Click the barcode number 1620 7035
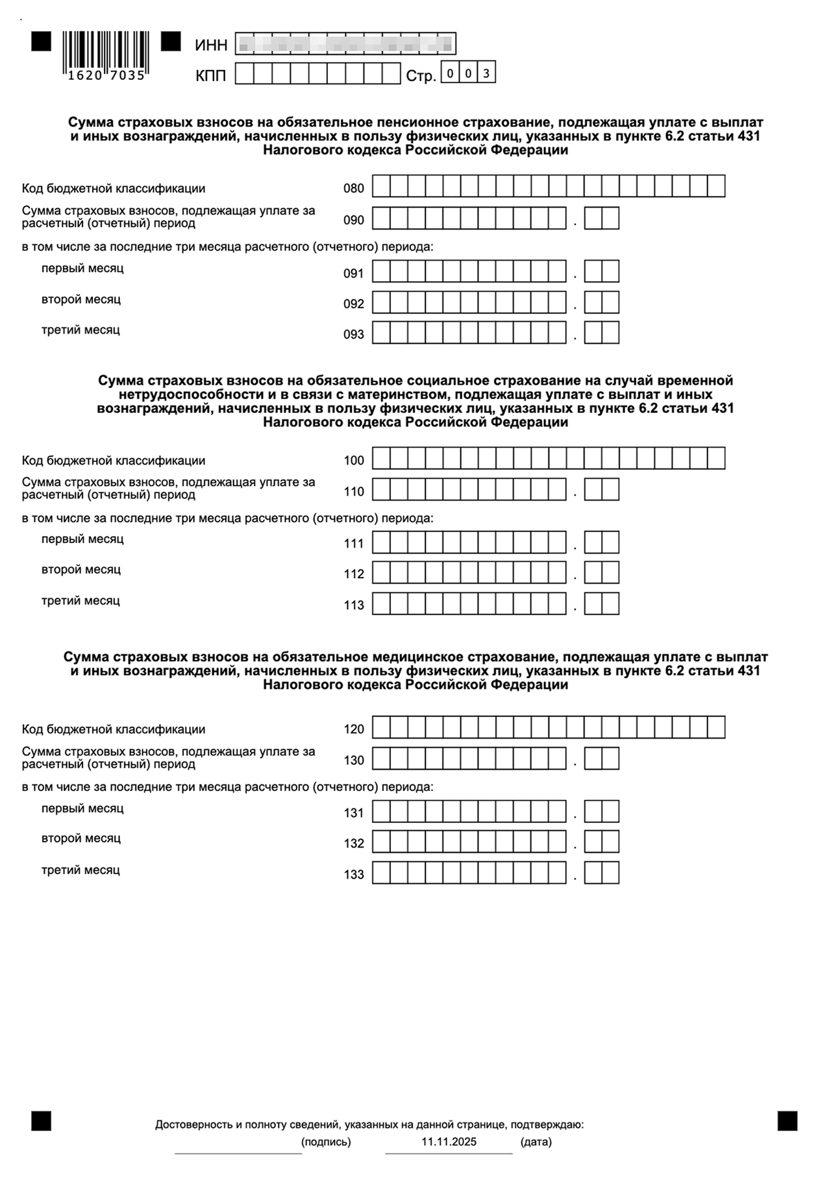coord(106,75)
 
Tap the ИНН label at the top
coord(211,45)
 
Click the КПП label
coord(211,76)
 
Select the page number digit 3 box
coord(486,73)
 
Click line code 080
coord(354,189)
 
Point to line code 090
coord(354,221)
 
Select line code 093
coord(354,335)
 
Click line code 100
coord(354,461)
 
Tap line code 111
coord(354,544)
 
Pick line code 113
coord(354,605)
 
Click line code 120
coord(354,729)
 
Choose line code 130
coord(354,761)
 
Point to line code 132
coord(354,844)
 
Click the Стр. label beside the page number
coord(421,77)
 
